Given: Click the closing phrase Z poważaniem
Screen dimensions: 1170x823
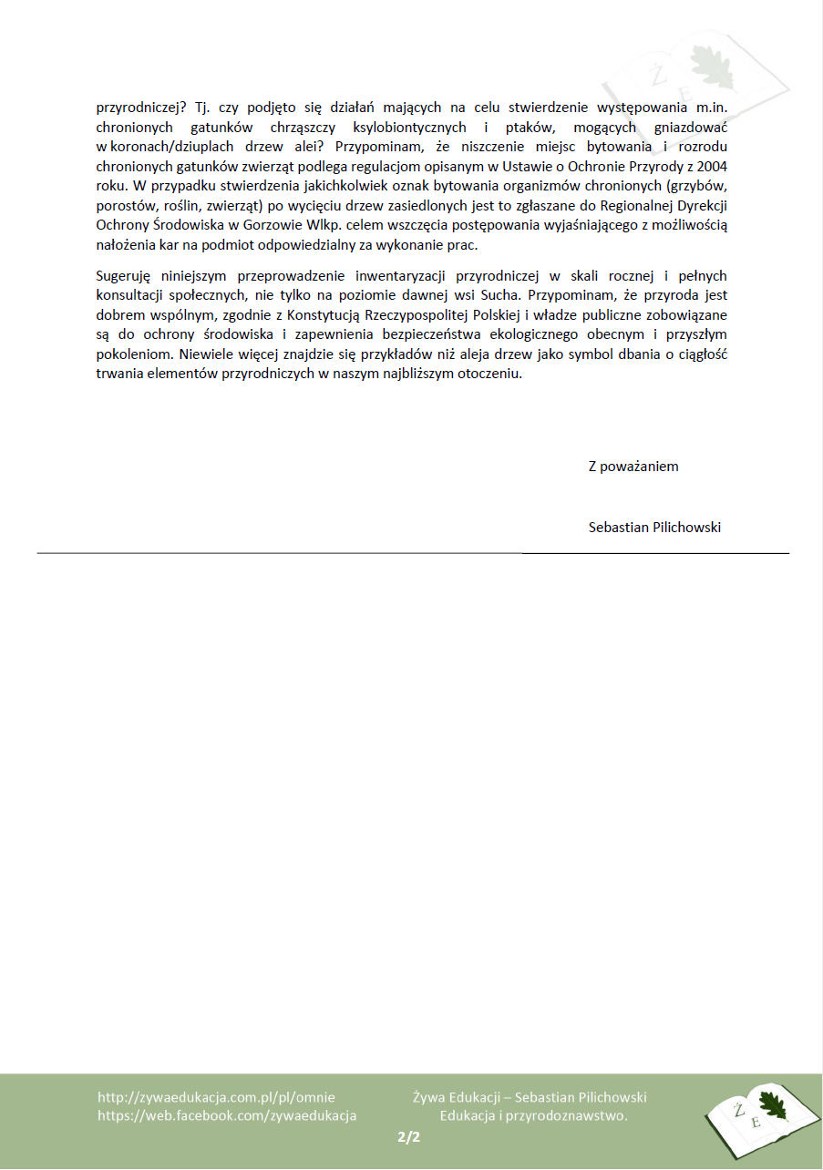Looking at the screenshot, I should pyautogui.click(x=633, y=467).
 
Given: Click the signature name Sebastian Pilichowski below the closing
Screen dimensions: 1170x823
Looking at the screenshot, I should pyautogui.click(x=654, y=528).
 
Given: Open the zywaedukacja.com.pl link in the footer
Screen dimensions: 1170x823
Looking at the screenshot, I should pyautogui.click(x=216, y=1098).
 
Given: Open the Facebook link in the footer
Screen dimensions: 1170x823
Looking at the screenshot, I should pyautogui.click(x=227, y=1115).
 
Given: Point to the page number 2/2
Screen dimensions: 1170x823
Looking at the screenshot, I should pyautogui.click(x=409, y=1137).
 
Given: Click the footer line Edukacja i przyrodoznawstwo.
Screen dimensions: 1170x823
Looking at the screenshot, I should pyautogui.click(x=534, y=1115).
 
